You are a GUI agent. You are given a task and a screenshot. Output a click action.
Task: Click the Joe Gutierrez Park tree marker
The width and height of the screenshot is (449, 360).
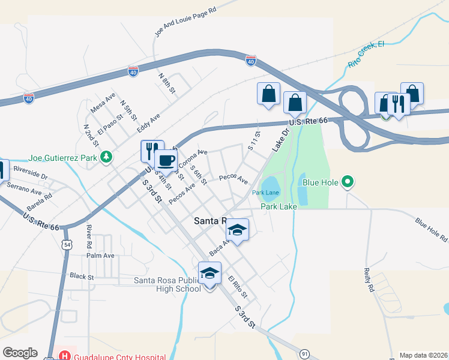click(x=106, y=157)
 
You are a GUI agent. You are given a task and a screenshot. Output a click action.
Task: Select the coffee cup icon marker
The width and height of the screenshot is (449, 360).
click(x=166, y=161)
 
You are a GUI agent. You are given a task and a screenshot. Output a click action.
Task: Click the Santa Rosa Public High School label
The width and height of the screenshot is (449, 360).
click(x=167, y=284)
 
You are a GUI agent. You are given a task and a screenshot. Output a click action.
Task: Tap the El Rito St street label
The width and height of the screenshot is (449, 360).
click(x=238, y=287)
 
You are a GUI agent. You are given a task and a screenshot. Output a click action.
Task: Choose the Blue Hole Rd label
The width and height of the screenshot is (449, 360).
click(x=432, y=229)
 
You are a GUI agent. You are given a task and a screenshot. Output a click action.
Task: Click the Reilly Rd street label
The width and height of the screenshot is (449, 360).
click(x=369, y=280)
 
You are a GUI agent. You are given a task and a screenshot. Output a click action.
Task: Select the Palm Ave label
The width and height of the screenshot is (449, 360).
click(x=100, y=256)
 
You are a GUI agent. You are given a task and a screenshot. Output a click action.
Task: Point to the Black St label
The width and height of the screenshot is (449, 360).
click(x=82, y=276)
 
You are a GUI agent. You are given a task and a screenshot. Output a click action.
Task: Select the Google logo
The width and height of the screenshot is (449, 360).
click(x=20, y=353)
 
